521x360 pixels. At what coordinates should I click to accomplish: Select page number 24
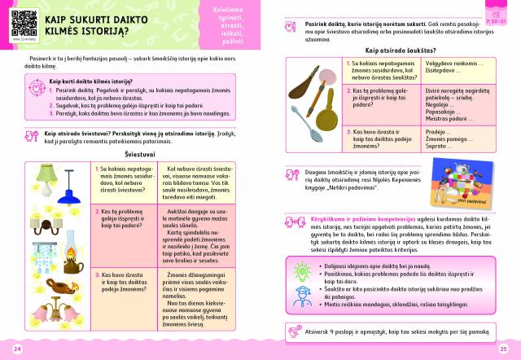17,349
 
